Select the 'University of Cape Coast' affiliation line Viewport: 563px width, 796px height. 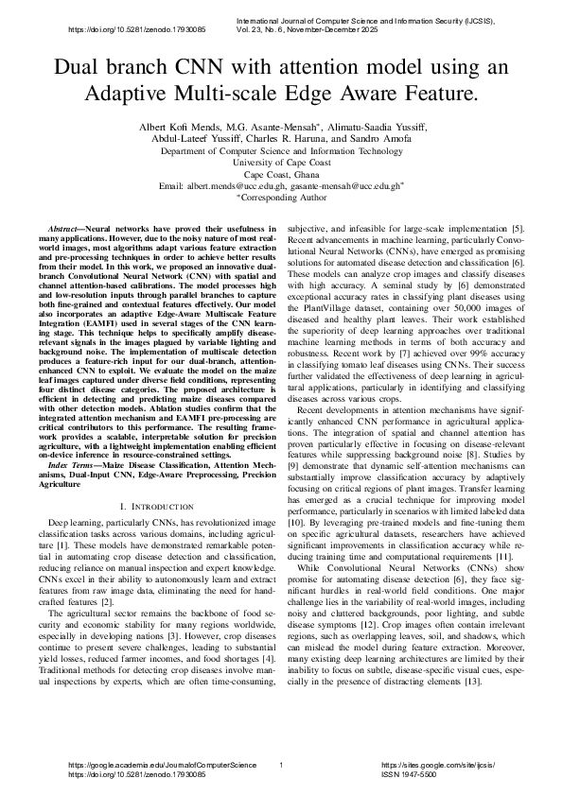[x=281, y=163]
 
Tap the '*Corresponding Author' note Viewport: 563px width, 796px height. [x=281, y=198]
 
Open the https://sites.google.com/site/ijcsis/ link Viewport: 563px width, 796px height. [x=437, y=763]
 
